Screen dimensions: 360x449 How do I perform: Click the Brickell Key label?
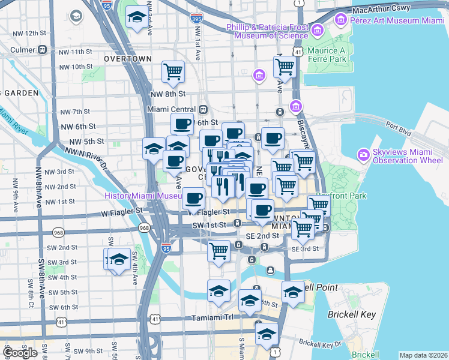[x=352, y=314]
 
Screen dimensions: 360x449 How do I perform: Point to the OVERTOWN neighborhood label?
[x=127, y=59]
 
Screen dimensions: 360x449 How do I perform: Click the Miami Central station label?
[x=172, y=110]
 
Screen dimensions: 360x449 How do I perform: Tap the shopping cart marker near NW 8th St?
[x=173, y=72]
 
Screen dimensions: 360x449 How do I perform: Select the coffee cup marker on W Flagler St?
[x=193, y=198]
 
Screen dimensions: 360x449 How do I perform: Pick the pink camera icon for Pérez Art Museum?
[x=341, y=20]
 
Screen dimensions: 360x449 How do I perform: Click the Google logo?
[x=20, y=353]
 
